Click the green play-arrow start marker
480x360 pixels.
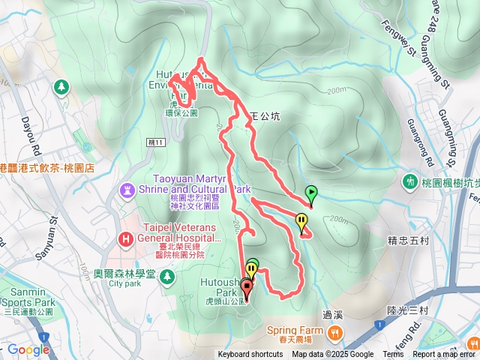[x=311, y=193]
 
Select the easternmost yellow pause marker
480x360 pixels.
[x=301, y=222]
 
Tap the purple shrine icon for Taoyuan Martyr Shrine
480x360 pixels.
[x=127, y=189]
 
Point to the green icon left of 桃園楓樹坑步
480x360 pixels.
[x=411, y=181]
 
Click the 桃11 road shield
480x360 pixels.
[x=155, y=141]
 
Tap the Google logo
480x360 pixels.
[x=28, y=349]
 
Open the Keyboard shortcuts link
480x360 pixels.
[x=250, y=355]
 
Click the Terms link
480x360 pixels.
[x=393, y=355]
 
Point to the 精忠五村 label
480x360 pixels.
[x=407, y=241]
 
